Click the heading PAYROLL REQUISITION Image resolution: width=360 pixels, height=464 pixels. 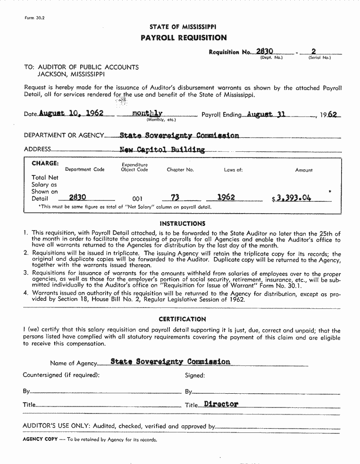coord(184,38)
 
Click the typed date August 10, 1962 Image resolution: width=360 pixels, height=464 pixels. coord(71,114)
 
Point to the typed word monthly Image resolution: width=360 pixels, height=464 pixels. coord(147,114)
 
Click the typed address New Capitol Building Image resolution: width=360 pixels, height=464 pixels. coord(162,150)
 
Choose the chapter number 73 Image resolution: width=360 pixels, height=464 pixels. coord(176,198)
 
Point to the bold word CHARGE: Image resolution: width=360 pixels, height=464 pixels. coord(45,163)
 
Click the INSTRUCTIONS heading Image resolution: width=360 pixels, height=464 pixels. coord(183,224)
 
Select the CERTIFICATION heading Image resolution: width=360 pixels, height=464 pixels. coord(182,319)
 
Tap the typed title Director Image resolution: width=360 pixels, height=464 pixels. coord(221,404)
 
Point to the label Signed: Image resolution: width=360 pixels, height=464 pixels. coord(195,376)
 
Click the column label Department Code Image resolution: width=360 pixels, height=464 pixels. coord(85,170)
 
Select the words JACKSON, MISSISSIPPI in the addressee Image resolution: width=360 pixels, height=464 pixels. coord(71,74)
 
